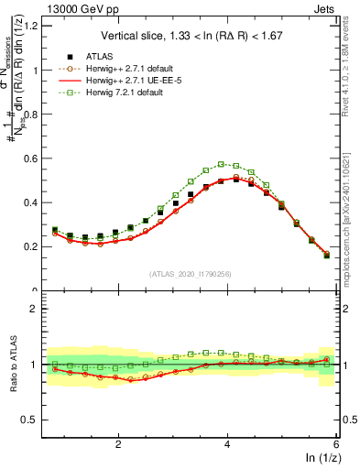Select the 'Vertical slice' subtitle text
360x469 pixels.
pyautogui.click(x=191, y=36)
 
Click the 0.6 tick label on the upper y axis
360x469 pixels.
pyautogui.click(x=33, y=158)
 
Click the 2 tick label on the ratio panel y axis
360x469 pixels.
pyautogui.click(x=38, y=310)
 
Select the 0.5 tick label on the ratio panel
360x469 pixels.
pyautogui.click(x=33, y=420)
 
